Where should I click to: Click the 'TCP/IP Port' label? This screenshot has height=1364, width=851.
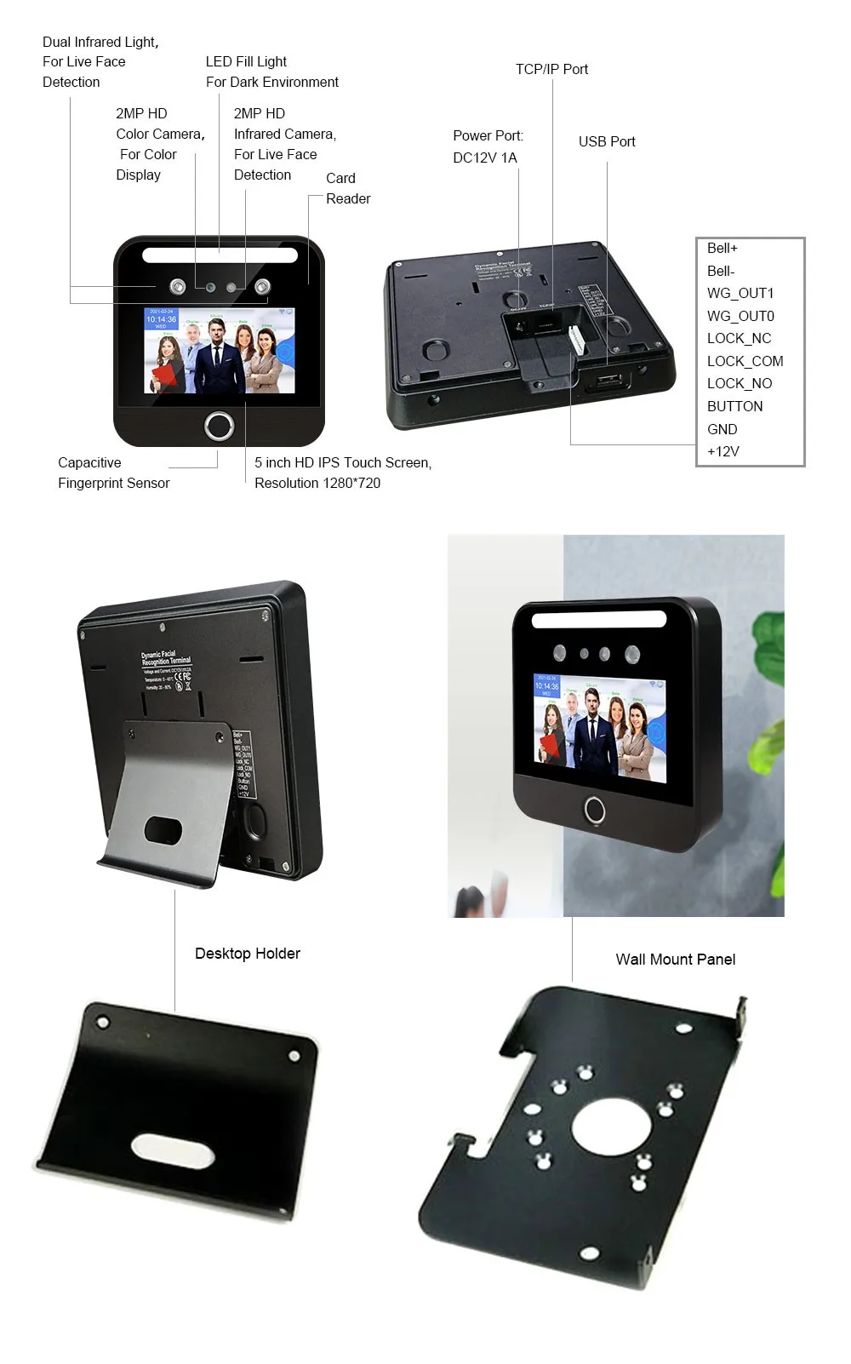[x=551, y=69]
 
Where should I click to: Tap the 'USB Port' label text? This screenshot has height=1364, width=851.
[x=607, y=141]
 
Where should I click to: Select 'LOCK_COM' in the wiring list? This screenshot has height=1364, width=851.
[x=745, y=361]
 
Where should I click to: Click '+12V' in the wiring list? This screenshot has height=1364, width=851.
[x=722, y=451]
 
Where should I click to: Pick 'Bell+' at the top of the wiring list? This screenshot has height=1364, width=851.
[x=722, y=248]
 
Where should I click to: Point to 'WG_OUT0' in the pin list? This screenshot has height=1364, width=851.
[x=740, y=316]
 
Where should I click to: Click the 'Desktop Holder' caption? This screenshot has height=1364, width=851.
[x=247, y=954]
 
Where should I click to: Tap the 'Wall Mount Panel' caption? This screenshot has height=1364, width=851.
[x=675, y=960]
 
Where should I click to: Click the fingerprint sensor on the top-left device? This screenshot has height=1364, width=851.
[x=220, y=426]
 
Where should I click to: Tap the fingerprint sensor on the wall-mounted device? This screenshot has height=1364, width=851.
[x=594, y=810]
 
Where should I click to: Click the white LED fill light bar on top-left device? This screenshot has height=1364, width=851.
[x=220, y=255]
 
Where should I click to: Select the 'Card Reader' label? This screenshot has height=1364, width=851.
[x=347, y=188]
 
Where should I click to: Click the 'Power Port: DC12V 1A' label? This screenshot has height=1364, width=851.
[x=488, y=146]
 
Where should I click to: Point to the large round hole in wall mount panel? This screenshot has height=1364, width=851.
[x=611, y=1126]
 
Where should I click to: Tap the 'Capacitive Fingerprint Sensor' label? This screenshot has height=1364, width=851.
[x=113, y=473]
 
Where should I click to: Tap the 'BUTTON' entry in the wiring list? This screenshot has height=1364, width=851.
[x=734, y=406]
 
